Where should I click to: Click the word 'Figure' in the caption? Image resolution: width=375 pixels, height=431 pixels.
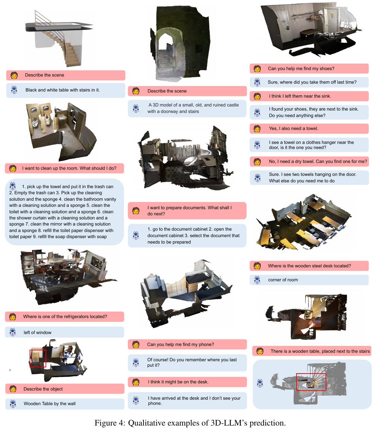(106, 422)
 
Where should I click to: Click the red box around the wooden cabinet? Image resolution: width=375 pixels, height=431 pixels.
(30, 358)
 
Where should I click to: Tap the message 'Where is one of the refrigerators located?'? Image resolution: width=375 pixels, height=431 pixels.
(65, 316)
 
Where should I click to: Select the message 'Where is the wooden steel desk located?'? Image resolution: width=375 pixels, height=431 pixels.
(309, 266)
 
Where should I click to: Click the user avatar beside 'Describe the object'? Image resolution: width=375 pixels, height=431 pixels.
(13, 389)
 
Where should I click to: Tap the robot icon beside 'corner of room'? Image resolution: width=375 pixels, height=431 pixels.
(257, 280)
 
